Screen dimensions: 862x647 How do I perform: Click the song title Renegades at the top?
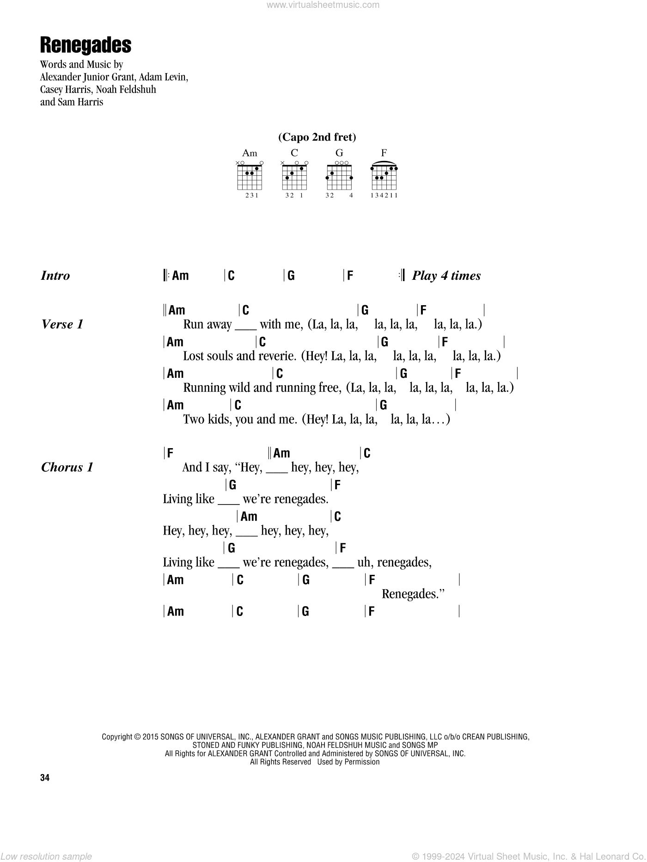[x=85, y=45]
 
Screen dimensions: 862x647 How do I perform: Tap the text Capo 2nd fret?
[x=317, y=137]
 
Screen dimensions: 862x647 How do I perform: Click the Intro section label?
[x=55, y=276]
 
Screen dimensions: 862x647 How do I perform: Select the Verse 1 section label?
[x=62, y=325]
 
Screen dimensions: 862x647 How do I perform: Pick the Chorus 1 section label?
[x=67, y=468]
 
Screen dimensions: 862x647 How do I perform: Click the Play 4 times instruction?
[x=446, y=276]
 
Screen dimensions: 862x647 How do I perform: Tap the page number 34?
[x=45, y=777]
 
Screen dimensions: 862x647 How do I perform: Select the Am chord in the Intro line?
[x=180, y=276]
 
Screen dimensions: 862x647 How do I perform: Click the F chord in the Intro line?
[x=350, y=276]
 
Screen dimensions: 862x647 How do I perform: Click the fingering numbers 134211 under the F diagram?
[x=384, y=195]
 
